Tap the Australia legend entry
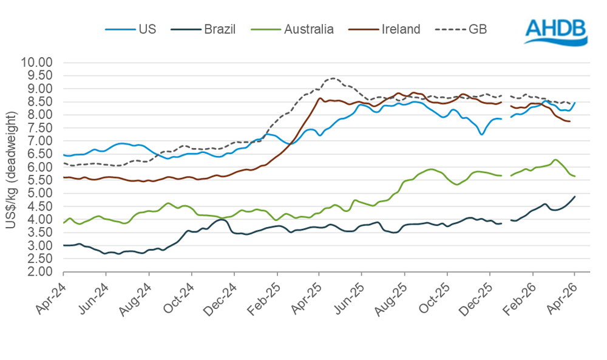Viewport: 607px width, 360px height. coord(292,29)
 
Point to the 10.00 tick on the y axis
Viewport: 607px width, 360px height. coord(37,63)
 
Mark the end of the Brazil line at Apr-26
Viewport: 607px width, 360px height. coord(575,196)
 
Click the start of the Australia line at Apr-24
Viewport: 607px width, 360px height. coord(64,223)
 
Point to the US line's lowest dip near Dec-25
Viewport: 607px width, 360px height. coord(481,134)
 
